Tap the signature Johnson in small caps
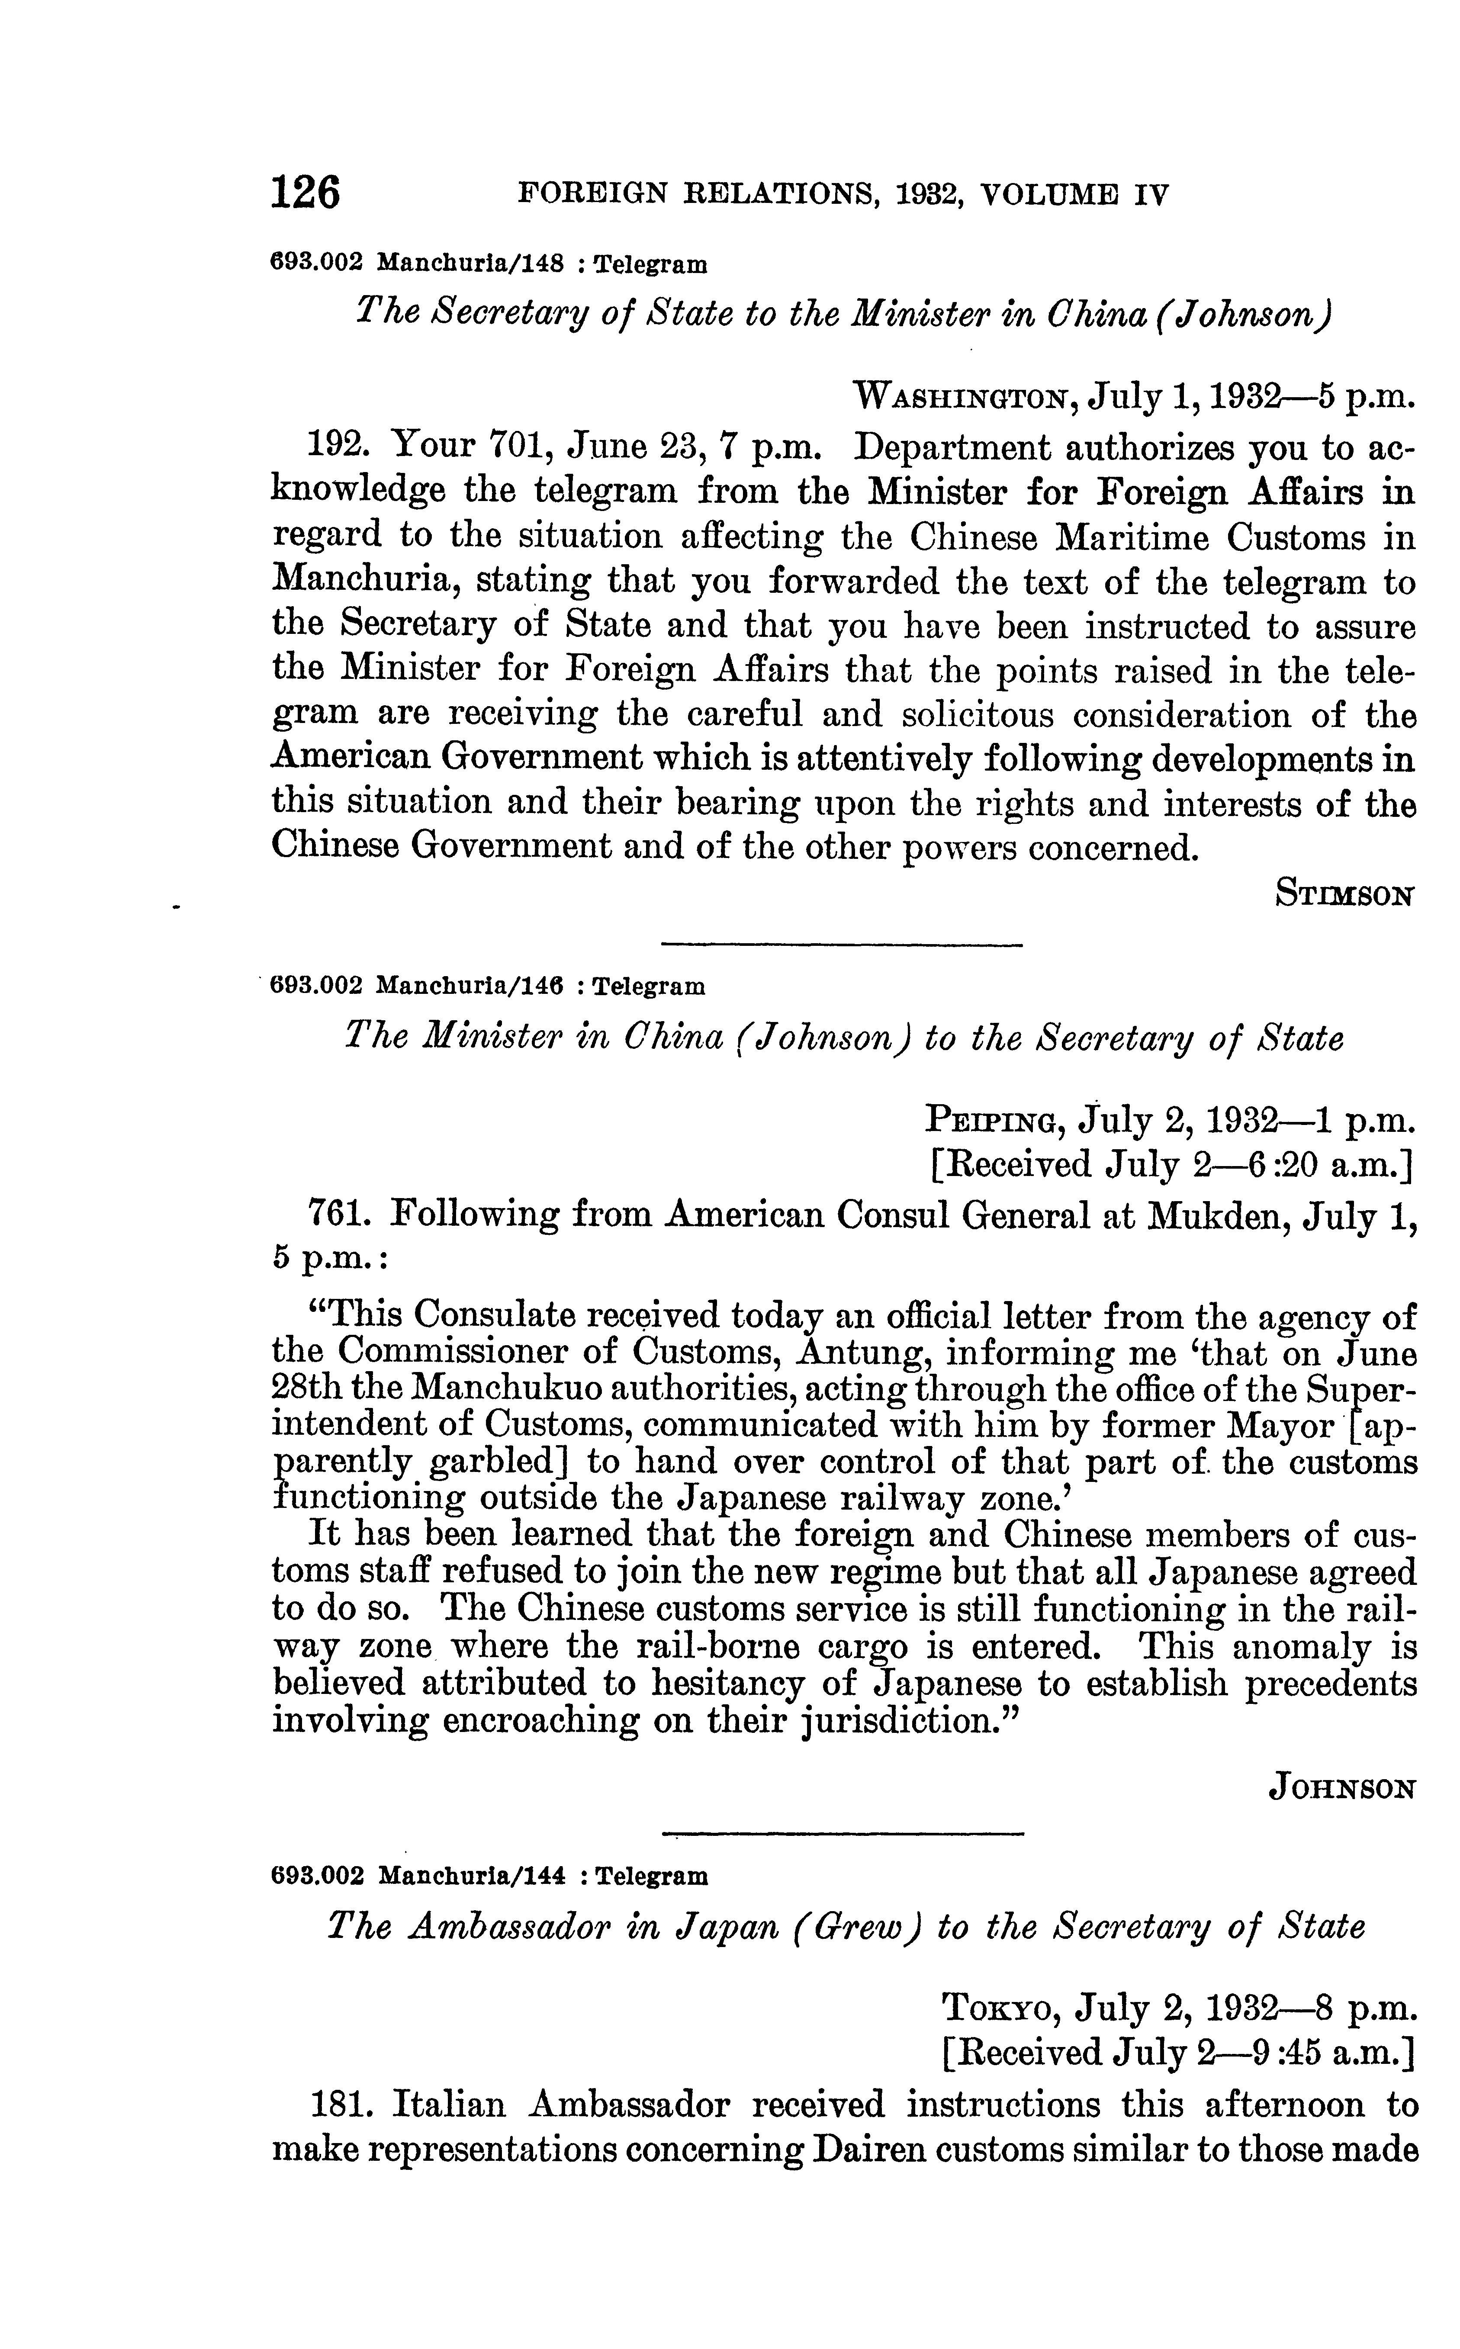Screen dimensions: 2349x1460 coord(1341,1789)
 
